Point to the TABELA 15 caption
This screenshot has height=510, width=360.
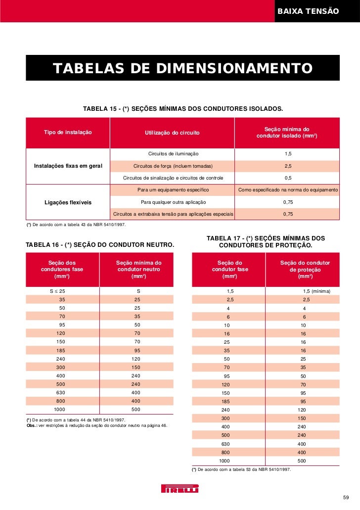182,108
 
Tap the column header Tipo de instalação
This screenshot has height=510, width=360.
68,133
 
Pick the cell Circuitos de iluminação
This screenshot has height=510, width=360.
173,154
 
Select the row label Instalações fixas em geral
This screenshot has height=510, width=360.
68,166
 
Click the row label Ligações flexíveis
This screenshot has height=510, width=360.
68,202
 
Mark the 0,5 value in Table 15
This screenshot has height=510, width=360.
288,178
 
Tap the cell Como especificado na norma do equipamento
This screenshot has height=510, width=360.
288,190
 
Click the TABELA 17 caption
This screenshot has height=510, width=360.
266,241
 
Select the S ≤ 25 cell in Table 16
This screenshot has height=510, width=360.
57,291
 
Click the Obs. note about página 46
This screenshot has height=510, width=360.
96,425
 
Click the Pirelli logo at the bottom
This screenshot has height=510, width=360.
180,489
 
